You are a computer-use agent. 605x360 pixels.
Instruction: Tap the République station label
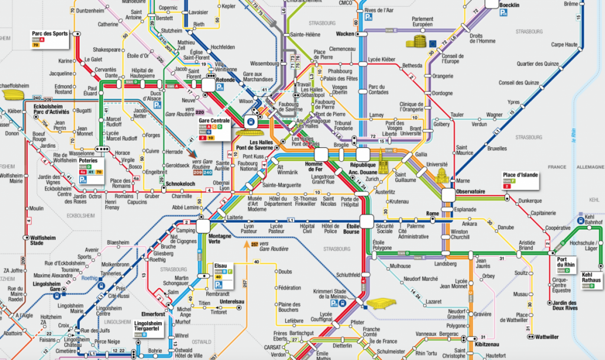363,167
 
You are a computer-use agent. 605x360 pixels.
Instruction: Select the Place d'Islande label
521,175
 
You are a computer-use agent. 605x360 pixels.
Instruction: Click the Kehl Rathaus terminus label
591,278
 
